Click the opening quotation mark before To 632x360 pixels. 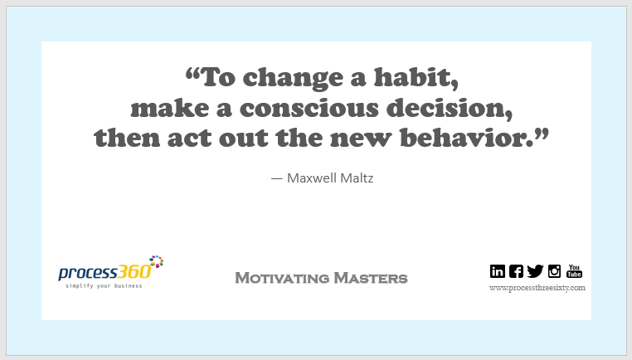point(192,76)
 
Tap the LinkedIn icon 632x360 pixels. point(498,270)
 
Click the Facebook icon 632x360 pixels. point(516,270)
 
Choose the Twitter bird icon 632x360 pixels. point(535,270)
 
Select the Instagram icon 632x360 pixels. point(554,270)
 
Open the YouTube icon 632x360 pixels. point(574,270)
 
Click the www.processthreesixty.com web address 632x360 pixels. point(537,288)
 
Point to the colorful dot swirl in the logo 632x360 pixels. point(155,262)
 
